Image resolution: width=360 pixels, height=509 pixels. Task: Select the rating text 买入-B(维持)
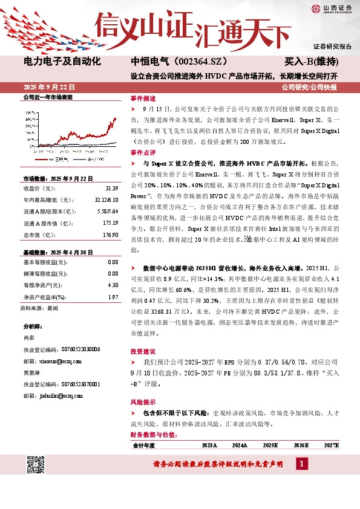coord(311,62)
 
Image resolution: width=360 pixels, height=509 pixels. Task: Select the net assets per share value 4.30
coord(112,284)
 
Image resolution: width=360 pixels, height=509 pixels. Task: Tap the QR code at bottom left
coord(36,464)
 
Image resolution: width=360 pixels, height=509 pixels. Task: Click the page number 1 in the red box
coord(303,463)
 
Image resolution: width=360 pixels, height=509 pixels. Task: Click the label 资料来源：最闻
coord(40,308)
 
